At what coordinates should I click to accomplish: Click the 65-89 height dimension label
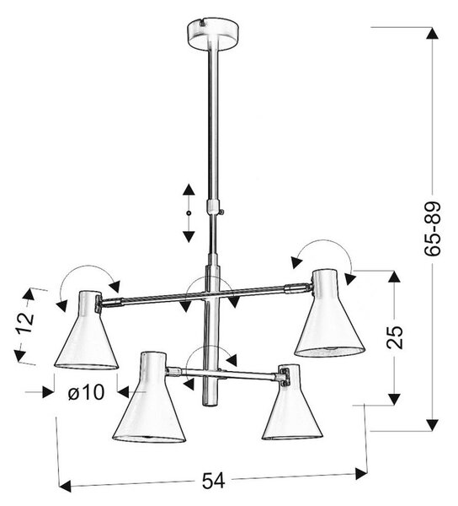(x=432, y=229)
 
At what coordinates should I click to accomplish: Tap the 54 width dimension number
(x=213, y=481)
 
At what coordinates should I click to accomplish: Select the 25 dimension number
(x=395, y=337)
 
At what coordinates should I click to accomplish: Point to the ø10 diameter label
(x=87, y=392)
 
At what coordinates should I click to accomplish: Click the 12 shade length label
(x=25, y=323)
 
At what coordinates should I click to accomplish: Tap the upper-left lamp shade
(x=87, y=330)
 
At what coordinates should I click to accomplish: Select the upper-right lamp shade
(x=329, y=313)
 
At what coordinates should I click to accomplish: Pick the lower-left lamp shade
(x=149, y=397)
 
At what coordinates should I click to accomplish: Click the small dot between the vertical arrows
(x=189, y=213)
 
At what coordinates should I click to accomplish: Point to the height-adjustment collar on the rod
(x=212, y=206)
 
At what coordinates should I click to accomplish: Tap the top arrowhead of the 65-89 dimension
(x=432, y=34)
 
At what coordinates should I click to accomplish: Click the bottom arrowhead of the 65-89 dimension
(x=432, y=424)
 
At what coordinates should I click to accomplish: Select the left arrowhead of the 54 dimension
(x=66, y=486)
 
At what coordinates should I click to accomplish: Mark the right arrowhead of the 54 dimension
(x=360, y=474)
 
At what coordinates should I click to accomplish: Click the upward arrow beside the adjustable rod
(x=189, y=190)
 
